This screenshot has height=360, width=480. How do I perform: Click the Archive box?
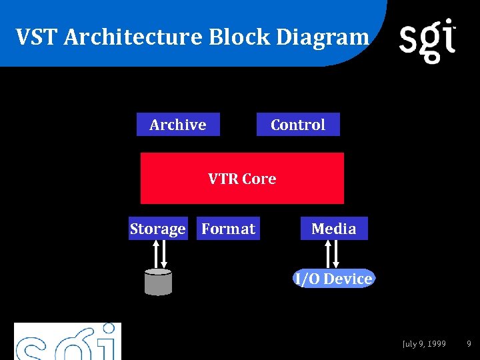pos(178,125)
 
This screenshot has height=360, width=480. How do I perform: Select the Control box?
pos(298,125)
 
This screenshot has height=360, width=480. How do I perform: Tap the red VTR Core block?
pos(242,178)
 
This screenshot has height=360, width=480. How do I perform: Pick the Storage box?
pos(157,229)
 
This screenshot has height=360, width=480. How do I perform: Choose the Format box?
pos(228,229)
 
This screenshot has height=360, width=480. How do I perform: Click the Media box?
pos(334,229)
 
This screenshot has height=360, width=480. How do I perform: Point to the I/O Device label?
pos(334,279)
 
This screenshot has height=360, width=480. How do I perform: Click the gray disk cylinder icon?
pos(158,281)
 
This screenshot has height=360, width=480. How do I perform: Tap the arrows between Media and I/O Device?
pos(331,254)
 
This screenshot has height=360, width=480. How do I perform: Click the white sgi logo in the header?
pos(427,40)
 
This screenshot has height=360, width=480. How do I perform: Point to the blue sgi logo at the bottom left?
pos(67,342)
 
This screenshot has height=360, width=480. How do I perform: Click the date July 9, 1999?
pos(425,344)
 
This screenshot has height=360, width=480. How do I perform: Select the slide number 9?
pos(469,344)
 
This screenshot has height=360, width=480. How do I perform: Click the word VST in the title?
pos(38,37)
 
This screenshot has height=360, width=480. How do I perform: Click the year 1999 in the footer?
pos(437,344)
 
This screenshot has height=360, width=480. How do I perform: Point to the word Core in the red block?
pos(259,179)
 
